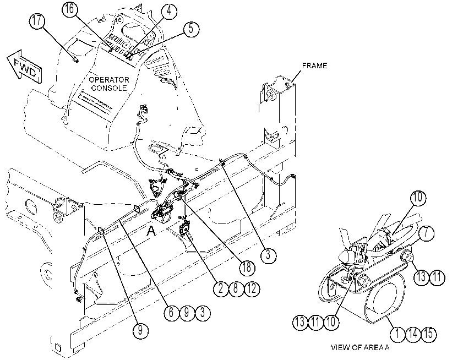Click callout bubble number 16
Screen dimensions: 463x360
[x=70, y=9]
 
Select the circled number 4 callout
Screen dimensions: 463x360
[x=169, y=11]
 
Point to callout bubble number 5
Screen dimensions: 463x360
[x=191, y=29]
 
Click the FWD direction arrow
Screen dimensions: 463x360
[x=24, y=67]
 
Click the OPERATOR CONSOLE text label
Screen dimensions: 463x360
[x=109, y=84]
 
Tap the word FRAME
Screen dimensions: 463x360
[x=314, y=66]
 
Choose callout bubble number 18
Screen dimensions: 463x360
[x=247, y=268]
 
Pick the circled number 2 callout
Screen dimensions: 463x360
[x=221, y=288]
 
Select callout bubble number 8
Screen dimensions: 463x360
[x=236, y=288]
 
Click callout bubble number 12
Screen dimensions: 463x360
[x=252, y=288]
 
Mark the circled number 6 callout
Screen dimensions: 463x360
[x=172, y=313]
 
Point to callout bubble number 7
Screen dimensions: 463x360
[x=426, y=233]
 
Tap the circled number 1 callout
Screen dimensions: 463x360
[x=397, y=334]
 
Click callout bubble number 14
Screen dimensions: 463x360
[x=413, y=334]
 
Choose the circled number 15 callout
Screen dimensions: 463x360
[x=429, y=334]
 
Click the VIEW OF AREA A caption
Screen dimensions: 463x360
[x=360, y=347]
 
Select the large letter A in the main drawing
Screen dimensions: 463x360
[x=151, y=231]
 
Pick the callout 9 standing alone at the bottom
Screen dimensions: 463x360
[x=140, y=330]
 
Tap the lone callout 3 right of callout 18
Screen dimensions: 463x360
[x=269, y=255]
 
